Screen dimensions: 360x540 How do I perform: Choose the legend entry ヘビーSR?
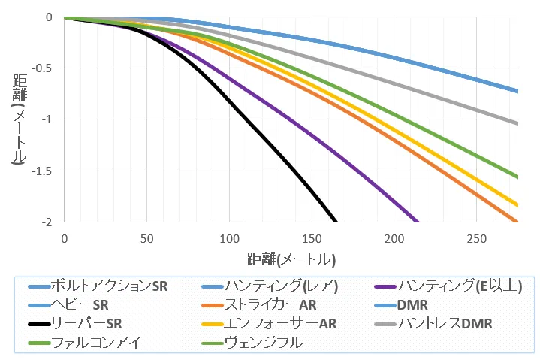point(83,305)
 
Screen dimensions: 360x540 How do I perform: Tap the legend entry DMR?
point(412,305)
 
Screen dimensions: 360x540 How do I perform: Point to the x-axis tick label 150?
point(312,238)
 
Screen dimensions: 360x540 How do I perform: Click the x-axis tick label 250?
point(477,238)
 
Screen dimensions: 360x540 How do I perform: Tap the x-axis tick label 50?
point(146,238)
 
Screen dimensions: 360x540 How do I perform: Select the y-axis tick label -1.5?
point(45,171)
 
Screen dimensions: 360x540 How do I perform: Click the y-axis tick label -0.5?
point(45,68)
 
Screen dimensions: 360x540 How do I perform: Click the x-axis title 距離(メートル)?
point(291,259)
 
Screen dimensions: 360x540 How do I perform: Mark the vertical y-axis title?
point(20,119)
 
